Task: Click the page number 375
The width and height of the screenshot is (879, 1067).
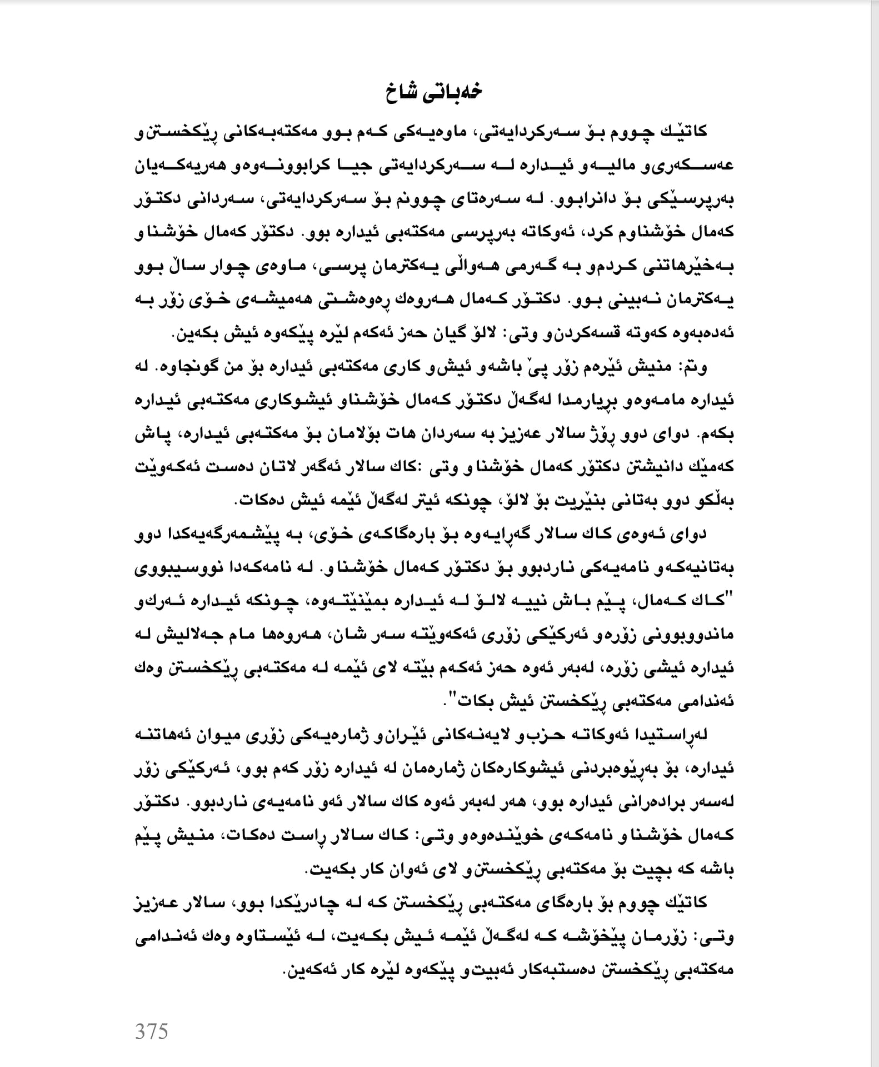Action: tap(151, 1031)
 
